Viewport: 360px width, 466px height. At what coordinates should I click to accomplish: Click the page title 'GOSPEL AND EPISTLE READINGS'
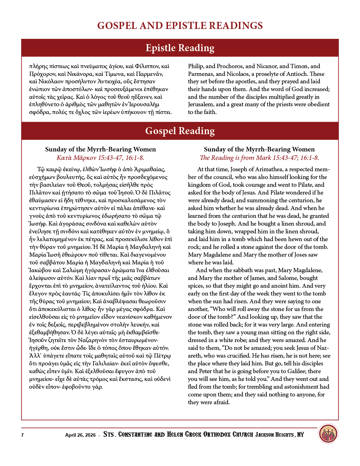tap(180, 26)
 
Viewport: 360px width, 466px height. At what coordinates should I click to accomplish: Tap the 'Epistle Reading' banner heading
tap(180, 48)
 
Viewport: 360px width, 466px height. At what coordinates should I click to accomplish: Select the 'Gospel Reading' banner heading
tap(180, 131)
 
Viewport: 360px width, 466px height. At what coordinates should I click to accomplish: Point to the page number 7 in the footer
tap(22, 435)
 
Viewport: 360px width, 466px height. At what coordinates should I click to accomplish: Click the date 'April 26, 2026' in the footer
tap(80, 435)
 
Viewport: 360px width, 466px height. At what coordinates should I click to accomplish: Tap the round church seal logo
tap(328, 434)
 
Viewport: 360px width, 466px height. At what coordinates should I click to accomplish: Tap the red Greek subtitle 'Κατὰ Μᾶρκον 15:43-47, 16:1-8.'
tap(100, 158)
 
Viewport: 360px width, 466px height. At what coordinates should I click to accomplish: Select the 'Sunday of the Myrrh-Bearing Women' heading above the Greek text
tap(100, 149)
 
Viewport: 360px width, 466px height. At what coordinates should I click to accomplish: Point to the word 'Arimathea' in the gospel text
tap(269, 169)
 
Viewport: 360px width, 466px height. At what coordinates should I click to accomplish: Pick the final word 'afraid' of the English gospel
tap(221, 402)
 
